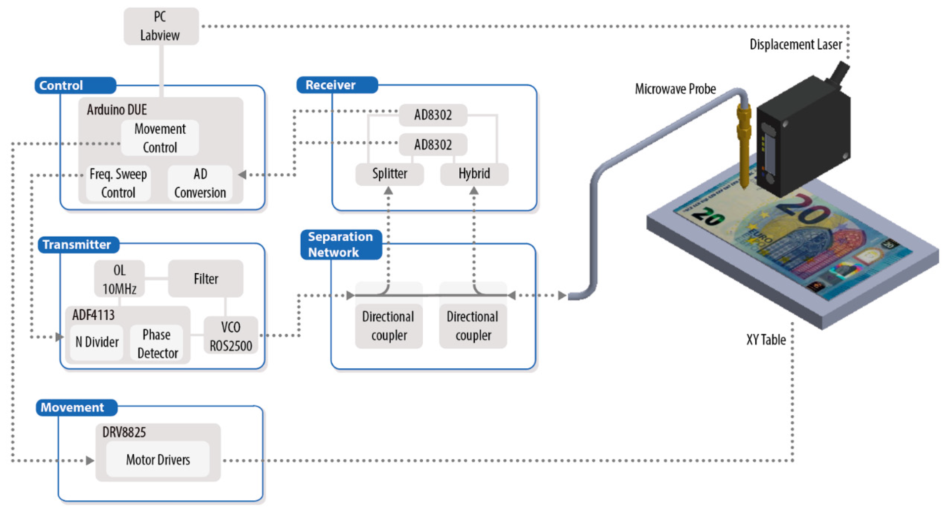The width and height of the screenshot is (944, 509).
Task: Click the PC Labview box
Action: pyautogui.click(x=161, y=26)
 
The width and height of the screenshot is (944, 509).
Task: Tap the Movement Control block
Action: pyautogui.click(x=160, y=138)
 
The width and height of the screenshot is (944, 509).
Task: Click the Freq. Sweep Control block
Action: pyautogui.click(x=118, y=183)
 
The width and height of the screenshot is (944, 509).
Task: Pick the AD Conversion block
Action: pyautogui.click(x=200, y=183)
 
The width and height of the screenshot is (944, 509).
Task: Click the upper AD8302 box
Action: pyautogui.click(x=433, y=115)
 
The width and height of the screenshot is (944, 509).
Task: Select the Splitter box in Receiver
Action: pyautogui.click(x=390, y=173)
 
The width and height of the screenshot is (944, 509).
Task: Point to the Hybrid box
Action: pyautogui.click(x=474, y=173)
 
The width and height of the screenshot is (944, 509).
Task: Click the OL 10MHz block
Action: pyautogui.click(x=120, y=279)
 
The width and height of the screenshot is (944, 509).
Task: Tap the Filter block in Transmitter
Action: pyautogui.click(x=206, y=279)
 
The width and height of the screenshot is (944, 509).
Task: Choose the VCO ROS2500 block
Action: pyautogui.click(x=231, y=336)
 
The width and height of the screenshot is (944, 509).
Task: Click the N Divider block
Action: pyautogui.click(x=97, y=342)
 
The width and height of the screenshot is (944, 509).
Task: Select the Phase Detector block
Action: pyautogui.click(x=157, y=343)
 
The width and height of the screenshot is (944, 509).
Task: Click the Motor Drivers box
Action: pyautogui.click(x=158, y=460)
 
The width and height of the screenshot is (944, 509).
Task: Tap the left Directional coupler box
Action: pyautogui.click(x=388, y=325)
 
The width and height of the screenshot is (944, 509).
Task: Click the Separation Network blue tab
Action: pyautogui.click(x=341, y=244)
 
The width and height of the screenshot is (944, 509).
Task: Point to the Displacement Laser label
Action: pyautogui.click(x=796, y=45)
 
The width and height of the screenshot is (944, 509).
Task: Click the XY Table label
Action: pyautogui.click(x=766, y=340)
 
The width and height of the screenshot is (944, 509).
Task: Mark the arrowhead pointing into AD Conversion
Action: pyautogui.click(x=242, y=175)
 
